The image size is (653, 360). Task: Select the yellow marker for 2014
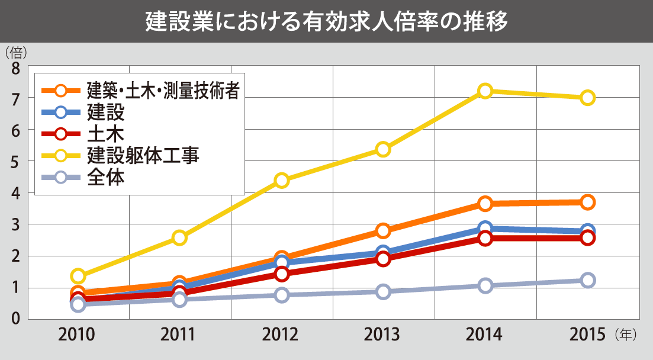pyautogui.click(x=485, y=91)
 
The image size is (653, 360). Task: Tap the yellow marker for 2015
pyautogui.click(x=587, y=98)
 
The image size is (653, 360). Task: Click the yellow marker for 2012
pyautogui.click(x=282, y=180)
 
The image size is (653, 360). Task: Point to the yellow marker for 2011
pyautogui.click(x=179, y=237)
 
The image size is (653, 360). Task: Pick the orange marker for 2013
pyautogui.click(x=383, y=230)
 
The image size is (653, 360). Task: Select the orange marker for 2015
pyautogui.click(x=587, y=202)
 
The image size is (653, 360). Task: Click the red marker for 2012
pyautogui.click(x=282, y=274)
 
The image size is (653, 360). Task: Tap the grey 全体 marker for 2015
pyautogui.click(x=587, y=280)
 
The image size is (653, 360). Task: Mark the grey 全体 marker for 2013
pyautogui.click(x=383, y=291)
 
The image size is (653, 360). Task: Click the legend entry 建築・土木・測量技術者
pyautogui.click(x=163, y=91)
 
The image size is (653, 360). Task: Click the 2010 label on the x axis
pyautogui.click(x=77, y=335)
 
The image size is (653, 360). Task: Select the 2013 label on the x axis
pyautogui.click(x=383, y=335)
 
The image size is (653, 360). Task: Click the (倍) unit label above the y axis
pyautogui.click(x=15, y=52)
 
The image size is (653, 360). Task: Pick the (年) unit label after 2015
pyautogui.click(x=625, y=335)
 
